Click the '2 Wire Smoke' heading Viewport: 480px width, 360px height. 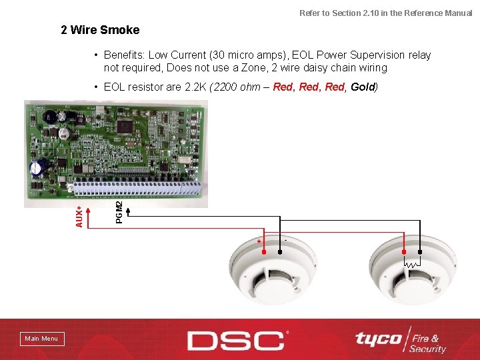coord(100,30)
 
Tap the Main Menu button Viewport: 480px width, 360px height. coord(41,339)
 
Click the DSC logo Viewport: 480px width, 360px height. coord(237,340)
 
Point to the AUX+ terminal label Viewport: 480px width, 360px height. coord(79,216)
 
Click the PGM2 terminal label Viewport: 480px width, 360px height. coord(119,212)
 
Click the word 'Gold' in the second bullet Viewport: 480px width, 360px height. coord(363,87)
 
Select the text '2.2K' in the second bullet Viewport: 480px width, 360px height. coord(195,87)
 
